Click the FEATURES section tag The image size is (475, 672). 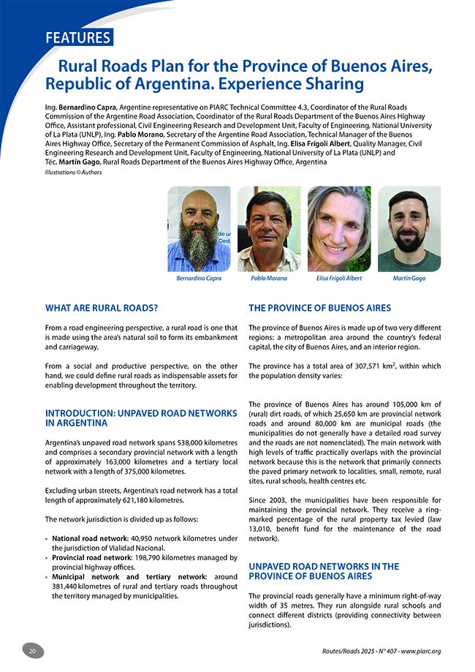click(77, 37)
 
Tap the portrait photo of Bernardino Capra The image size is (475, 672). click(199, 228)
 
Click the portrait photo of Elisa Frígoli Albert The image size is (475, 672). click(339, 228)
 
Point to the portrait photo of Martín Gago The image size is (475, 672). click(408, 228)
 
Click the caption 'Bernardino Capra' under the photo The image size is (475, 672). click(199, 278)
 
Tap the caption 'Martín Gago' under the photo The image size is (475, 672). click(408, 278)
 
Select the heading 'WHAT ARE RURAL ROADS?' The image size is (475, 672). click(102, 308)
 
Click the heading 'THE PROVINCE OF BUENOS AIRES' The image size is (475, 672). click(320, 308)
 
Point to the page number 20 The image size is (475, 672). click(33, 651)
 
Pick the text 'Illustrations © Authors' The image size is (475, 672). click(73, 173)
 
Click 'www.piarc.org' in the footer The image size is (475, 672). click(430, 651)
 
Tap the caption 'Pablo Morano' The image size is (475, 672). click(269, 278)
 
